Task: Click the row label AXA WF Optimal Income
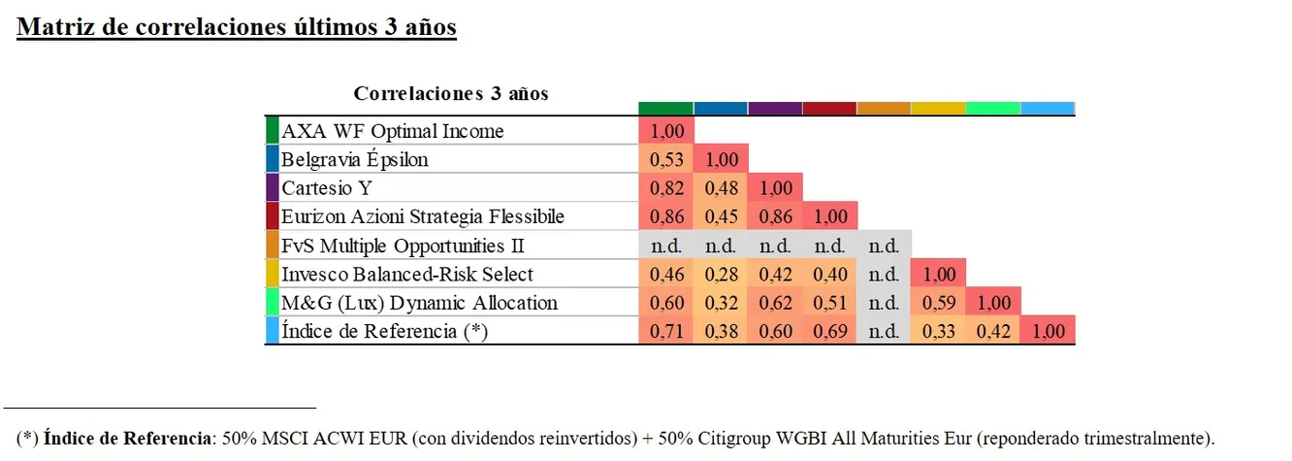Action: point(392,131)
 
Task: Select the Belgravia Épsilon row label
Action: point(354,159)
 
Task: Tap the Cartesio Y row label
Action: point(312,188)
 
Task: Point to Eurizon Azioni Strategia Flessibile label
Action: point(422,216)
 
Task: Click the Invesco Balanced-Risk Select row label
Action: point(406,275)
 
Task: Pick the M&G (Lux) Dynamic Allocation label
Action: point(419,303)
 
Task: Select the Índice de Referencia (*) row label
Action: point(384,331)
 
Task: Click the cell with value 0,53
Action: point(666,159)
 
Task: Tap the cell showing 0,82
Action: point(666,188)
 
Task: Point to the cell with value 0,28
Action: point(721,275)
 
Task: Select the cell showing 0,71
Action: point(666,331)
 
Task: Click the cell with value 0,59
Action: point(939,303)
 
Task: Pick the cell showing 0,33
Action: point(939,331)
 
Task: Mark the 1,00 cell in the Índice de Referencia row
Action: point(1048,331)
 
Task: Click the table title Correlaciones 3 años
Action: point(451,94)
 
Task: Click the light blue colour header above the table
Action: point(1048,108)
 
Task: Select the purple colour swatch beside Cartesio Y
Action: point(272,188)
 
